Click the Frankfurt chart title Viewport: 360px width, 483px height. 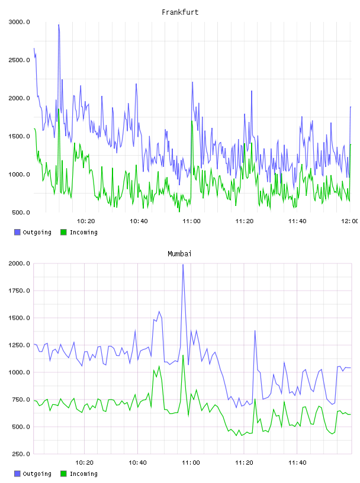[x=180, y=12]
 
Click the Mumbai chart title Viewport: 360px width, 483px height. [x=179, y=254]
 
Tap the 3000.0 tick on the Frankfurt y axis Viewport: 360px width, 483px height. [x=19, y=22]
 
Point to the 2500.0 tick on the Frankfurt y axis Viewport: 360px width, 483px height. [x=19, y=60]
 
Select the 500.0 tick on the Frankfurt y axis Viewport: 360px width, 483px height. [x=21, y=212]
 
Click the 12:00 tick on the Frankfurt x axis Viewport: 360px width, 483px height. [x=349, y=221]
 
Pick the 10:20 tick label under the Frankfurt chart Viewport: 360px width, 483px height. [x=86, y=221]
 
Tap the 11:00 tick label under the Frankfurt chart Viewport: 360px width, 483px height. [x=191, y=221]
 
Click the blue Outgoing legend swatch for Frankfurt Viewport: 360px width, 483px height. [x=17, y=232]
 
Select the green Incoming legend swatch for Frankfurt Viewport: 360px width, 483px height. [x=63, y=232]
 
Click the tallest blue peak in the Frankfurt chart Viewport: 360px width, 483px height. [x=59, y=25]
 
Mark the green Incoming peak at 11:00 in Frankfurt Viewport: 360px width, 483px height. [x=192, y=121]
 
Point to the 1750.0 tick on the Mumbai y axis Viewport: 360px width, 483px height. [x=19, y=291]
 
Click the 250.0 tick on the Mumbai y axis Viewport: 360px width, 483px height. [x=21, y=454]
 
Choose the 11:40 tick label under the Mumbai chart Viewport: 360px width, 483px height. [x=297, y=463]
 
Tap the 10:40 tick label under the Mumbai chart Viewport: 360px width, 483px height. [x=137, y=463]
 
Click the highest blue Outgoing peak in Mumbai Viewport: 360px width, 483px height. [x=183, y=265]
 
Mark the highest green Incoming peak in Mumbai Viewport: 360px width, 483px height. [x=183, y=356]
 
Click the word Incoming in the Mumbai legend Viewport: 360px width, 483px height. [x=83, y=474]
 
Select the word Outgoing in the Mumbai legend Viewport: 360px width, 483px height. [x=37, y=474]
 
